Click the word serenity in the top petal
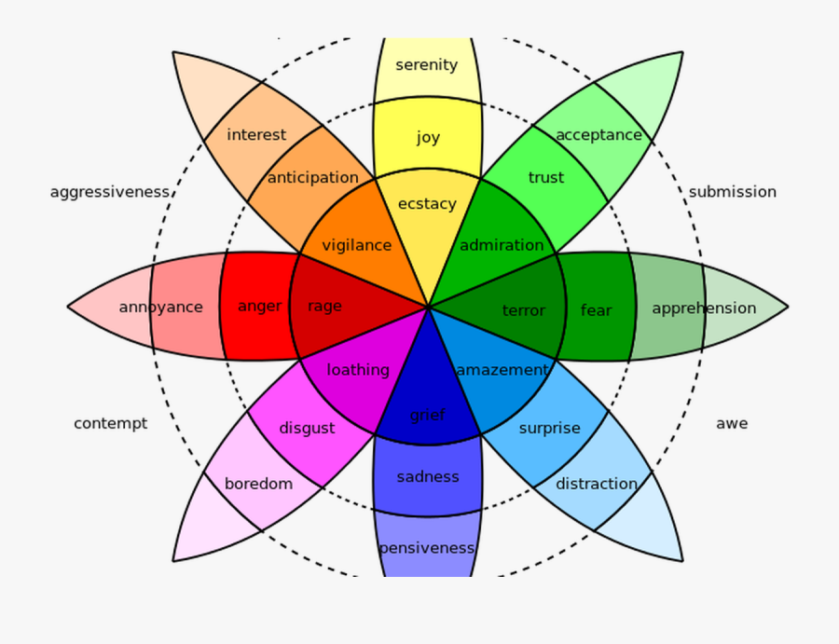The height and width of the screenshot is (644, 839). (x=427, y=65)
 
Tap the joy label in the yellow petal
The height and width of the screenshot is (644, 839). (x=428, y=138)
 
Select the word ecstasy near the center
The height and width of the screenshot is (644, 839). (x=427, y=204)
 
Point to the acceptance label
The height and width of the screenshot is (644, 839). (x=598, y=135)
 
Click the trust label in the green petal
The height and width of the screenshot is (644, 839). (x=546, y=178)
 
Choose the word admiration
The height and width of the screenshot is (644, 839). (x=502, y=245)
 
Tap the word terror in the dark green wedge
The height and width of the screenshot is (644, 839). (x=524, y=310)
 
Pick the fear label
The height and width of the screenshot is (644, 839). (x=597, y=310)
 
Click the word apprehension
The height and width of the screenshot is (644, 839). (x=704, y=308)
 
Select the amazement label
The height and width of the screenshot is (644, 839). (x=502, y=370)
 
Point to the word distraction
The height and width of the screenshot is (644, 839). (x=597, y=484)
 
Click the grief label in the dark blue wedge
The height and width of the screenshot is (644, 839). (x=428, y=416)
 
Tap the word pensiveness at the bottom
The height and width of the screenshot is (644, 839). (x=427, y=548)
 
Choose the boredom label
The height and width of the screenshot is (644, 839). (x=258, y=484)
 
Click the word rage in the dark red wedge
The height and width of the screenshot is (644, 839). (x=324, y=307)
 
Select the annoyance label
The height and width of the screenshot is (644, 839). (x=160, y=307)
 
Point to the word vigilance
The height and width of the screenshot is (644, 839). (x=356, y=245)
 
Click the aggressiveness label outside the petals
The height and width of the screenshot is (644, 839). (x=110, y=192)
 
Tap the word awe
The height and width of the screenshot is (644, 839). (x=732, y=423)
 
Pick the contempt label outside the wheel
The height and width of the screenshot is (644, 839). (x=110, y=423)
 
